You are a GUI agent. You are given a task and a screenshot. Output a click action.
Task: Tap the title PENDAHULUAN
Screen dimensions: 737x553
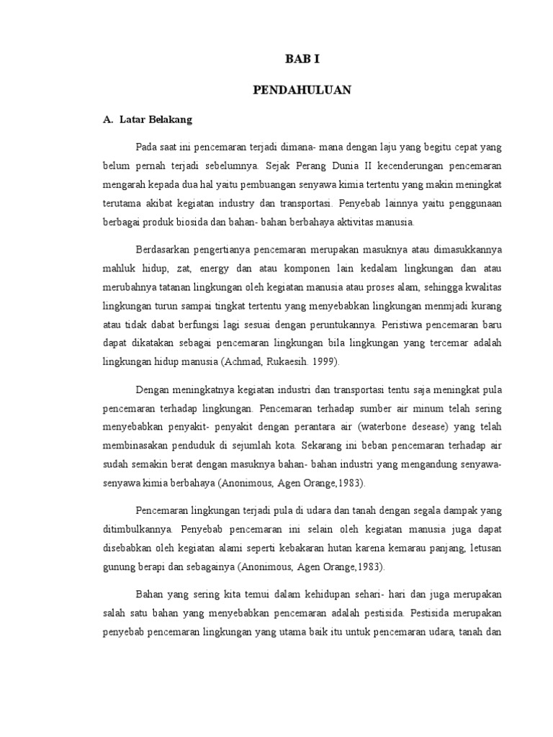pyautogui.click(x=302, y=89)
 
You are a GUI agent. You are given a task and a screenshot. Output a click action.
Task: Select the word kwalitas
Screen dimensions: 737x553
pyautogui.click(x=484, y=288)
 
